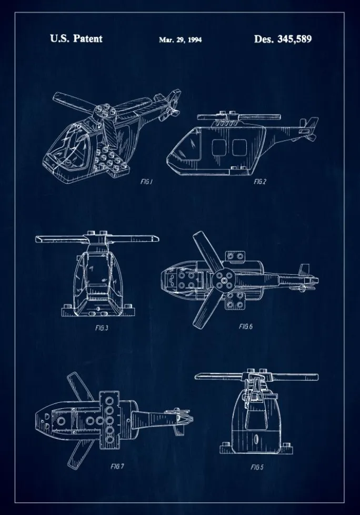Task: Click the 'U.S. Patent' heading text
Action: pyautogui.click(x=76, y=39)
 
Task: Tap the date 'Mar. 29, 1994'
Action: pyautogui.click(x=180, y=39)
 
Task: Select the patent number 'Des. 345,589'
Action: pyautogui.click(x=283, y=39)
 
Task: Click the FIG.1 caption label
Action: pyautogui.click(x=146, y=181)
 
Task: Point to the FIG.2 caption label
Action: pyautogui.click(x=260, y=181)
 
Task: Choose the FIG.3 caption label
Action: pyautogui.click(x=102, y=328)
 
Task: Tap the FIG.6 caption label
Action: pyautogui.click(x=246, y=326)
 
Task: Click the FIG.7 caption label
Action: pyautogui.click(x=117, y=466)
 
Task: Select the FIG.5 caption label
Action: pyautogui.click(x=257, y=467)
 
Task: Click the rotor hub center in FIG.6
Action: pyautogui.click(x=224, y=281)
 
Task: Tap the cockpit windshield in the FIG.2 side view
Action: pyautogui.click(x=194, y=144)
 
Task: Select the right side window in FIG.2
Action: pyautogui.click(x=239, y=147)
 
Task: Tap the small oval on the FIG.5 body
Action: pyautogui.click(x=257, y=438)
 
